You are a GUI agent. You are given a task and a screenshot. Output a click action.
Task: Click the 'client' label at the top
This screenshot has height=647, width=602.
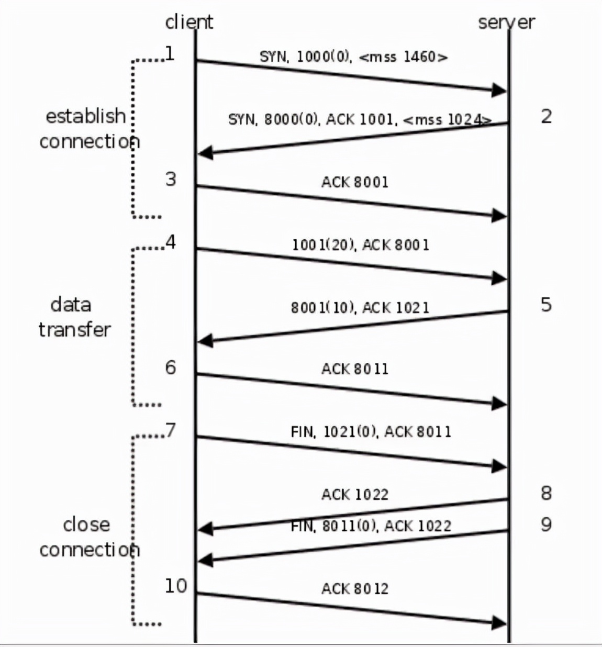tap(189, 22)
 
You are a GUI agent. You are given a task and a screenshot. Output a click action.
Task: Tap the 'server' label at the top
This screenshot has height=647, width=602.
tap(506, 22)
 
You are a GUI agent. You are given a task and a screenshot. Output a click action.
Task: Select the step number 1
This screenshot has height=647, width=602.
tap(170, 53)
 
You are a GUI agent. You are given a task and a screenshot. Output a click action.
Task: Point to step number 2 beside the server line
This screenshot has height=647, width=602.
tap(546, 116)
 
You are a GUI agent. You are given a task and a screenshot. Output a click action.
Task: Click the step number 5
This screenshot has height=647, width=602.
tap(546, 304)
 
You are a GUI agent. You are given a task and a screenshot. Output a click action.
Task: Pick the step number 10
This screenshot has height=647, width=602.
tap(176, 586)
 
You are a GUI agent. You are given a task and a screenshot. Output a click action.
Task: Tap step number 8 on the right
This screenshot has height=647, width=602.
tap(546, 493)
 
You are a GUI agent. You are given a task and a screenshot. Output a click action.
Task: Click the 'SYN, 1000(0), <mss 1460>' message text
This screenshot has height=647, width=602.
tap(354, 57)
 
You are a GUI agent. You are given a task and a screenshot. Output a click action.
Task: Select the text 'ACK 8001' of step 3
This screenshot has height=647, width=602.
tap(355, 182)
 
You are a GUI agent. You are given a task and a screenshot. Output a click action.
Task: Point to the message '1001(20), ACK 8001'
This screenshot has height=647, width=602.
tap(361, 244)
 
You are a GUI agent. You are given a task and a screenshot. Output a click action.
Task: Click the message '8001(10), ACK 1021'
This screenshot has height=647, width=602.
tap(360, 307)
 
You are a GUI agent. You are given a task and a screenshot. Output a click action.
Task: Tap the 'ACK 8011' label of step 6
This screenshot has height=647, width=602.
tap(355, 369)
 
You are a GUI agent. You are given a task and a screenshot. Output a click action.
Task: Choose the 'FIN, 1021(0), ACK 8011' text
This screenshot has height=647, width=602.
tap(371, 432)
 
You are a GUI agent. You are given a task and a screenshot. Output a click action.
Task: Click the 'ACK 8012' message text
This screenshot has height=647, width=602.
tap(355, 589)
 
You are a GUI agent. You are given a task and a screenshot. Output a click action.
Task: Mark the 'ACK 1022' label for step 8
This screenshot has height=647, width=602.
tap(355, 494)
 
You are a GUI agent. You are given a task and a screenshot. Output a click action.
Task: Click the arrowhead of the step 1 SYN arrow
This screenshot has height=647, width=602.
tap(499, 90)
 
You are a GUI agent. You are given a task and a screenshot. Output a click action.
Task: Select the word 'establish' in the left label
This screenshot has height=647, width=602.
tap(86, 116)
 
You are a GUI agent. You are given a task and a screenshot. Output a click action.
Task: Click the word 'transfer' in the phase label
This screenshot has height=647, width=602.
tap(74, 329)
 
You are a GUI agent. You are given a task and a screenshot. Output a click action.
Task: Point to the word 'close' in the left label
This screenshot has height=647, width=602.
tap(86, 524)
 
